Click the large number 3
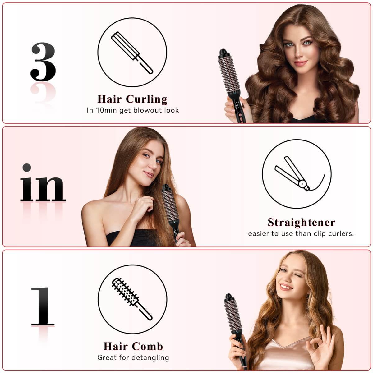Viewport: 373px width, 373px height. coord(43,62)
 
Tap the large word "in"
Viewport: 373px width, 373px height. coord(43,183)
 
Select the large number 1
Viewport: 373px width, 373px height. coord(43,306)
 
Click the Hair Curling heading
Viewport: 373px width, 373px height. coord(132,99)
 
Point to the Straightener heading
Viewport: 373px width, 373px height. coord(301,222)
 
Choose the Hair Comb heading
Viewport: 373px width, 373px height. coord(133,346)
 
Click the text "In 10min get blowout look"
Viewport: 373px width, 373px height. coord(133,110)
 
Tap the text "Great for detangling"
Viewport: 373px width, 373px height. coord(133,357)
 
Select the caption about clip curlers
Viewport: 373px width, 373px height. coord(301,233)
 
